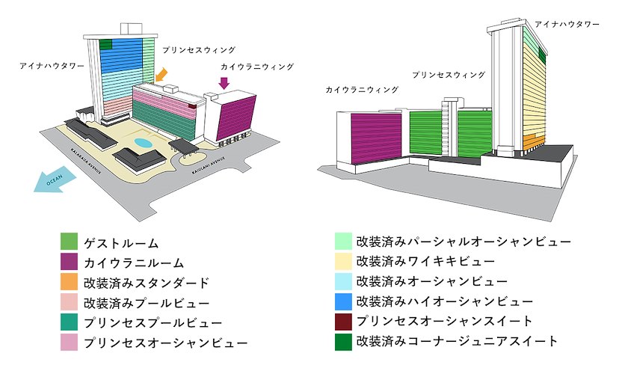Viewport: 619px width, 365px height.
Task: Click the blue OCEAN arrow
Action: coord(55,180)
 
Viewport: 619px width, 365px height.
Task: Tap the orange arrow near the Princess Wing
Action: coord(161,75)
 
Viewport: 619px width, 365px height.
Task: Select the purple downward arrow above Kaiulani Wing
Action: coord(224,83)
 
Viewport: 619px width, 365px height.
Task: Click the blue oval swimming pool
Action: coord(143,142)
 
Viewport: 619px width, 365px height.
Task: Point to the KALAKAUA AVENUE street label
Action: coord(86,161)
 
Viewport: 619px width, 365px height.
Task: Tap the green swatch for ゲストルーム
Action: coord(69,242)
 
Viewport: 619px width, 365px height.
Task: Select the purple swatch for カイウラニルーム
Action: coord(69,262)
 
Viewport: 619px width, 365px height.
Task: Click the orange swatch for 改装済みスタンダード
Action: coord(69,282)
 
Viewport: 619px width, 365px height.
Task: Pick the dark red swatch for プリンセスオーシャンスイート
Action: coord(343,322)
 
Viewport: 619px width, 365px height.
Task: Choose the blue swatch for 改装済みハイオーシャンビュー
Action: coord(343,301)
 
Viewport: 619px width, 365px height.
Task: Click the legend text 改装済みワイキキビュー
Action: coord(425,261)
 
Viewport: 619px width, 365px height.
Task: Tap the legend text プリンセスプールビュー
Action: coord(153,322)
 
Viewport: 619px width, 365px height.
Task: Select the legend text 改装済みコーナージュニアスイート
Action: coord(457,341)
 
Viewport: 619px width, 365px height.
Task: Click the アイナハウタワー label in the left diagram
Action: coord(52,66)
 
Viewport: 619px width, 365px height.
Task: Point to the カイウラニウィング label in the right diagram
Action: coord(362,90)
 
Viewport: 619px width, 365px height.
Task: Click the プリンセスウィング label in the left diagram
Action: coord(199,50)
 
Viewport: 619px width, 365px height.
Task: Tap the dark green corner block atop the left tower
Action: coord(106,44)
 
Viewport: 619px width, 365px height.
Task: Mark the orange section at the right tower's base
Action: coord(534,142)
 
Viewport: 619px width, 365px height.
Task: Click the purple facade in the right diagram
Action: coord(376,137)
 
